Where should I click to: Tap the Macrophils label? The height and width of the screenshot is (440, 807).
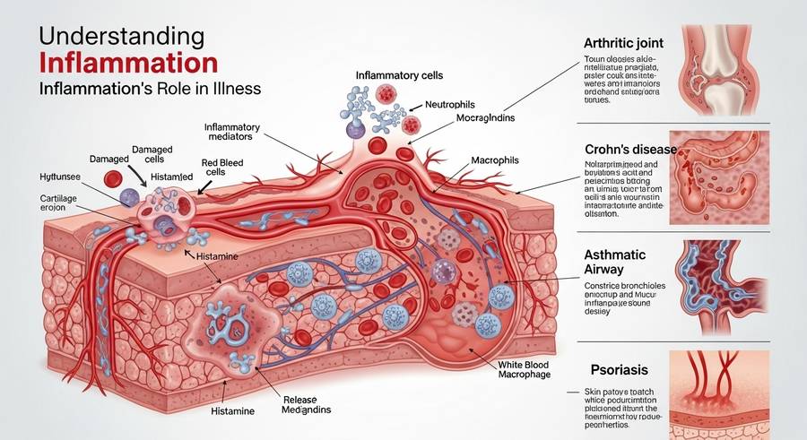tap(505, 160)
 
